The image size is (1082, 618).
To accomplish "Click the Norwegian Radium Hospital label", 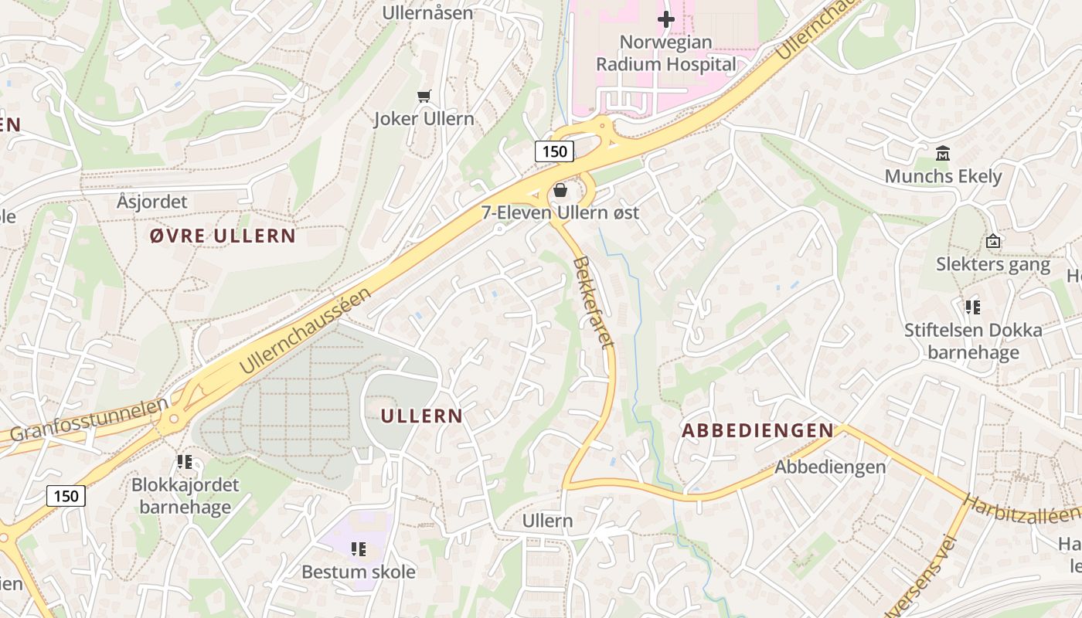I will click(666, 53).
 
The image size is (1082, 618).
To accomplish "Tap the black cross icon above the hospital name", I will click(666, 19).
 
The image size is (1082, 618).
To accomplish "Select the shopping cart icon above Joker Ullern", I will click(424, 97).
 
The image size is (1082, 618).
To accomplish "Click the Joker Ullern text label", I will click(424, 119).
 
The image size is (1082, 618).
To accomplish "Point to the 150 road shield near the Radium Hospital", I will click(555, 151).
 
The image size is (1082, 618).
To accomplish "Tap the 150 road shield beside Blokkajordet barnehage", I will click(66, 496).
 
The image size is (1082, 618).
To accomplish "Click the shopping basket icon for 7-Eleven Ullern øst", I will click(560, 190).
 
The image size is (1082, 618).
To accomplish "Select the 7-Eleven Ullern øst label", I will click(560, 212).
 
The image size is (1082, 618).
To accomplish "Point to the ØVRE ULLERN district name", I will click(223, 236).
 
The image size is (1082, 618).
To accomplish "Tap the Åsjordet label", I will click(152, 202).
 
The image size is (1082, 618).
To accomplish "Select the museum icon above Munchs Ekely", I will click(943, 153).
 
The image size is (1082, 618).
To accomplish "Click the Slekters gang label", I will click(993, 264).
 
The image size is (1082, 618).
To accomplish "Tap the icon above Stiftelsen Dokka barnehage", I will click(973, 307).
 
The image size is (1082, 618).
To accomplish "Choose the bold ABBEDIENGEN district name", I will click(757, 431).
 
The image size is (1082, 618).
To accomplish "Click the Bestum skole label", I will click(359, 572).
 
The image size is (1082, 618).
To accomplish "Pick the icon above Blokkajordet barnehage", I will click(185, 462).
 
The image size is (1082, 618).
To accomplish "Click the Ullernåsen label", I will click(428, 13).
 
